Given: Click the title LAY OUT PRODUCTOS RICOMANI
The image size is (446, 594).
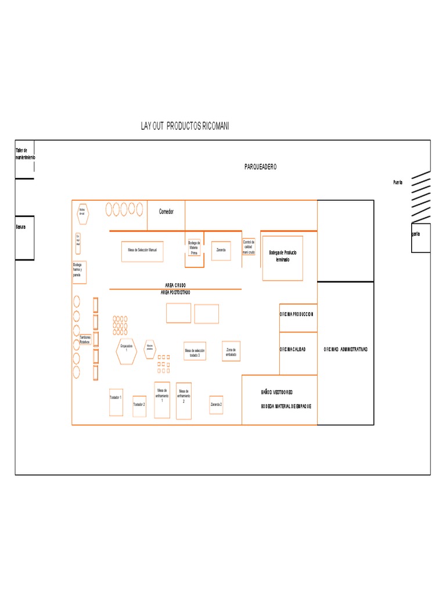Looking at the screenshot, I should click(x=185, y=126).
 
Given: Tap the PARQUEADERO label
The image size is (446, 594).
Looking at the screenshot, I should click(x=260, y=167).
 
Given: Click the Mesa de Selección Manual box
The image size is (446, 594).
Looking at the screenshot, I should click(x=142, y=251).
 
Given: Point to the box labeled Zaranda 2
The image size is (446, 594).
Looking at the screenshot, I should click(x=216, y=404).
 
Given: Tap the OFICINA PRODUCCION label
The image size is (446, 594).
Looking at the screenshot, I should click(x=296, y=314).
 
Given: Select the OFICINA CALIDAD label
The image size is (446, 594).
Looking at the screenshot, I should click(x=293, y=350).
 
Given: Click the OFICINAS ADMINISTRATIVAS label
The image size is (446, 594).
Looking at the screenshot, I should click(x=346, y=350).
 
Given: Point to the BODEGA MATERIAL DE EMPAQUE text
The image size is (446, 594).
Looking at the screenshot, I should click(x=286, y=406).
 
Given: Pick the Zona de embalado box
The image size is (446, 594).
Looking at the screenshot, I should click(x=231, y=351).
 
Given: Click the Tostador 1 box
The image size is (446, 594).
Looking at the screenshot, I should click(x=116, y=401).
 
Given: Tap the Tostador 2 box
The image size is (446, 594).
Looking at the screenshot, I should click(x=139, y=404).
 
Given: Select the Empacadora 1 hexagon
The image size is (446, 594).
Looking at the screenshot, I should click(x=126, y=350).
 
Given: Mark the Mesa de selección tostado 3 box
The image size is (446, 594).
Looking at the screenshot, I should click(x=195, y=353).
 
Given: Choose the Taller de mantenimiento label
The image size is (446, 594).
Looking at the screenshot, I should click(x=25, y=154).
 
